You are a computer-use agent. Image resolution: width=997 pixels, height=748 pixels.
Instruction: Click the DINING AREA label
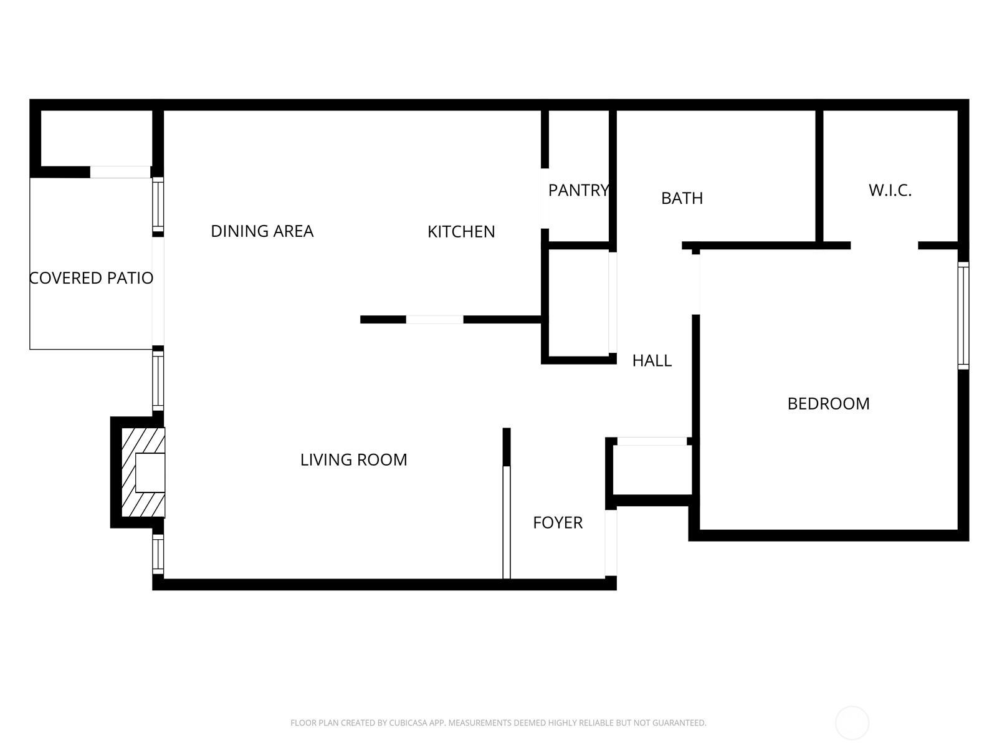(x=262, y=231)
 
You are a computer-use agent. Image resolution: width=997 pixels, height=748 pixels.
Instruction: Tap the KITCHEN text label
(x=461, y=232)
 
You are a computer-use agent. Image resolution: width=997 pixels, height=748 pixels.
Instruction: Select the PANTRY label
(x=578, y=190)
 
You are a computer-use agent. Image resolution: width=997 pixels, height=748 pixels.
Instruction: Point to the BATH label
(x=682, y=198)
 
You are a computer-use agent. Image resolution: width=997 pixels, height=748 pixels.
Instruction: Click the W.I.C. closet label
(x=890, y=191)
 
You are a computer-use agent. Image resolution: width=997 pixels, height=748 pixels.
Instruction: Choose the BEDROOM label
(x=828, y=404)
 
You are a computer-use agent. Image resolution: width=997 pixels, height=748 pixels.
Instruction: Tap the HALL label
(x=652, y=361)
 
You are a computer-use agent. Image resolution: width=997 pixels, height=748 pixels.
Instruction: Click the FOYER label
(x=558, y=523)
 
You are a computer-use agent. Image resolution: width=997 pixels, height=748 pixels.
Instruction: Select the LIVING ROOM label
(x=353, y=460)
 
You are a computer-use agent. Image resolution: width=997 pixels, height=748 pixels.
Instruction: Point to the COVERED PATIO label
(x=92, y=278)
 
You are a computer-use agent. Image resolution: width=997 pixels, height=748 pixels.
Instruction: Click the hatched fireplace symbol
(x=142, y=472)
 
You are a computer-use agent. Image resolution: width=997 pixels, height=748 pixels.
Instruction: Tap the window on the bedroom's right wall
(x=963, y=315)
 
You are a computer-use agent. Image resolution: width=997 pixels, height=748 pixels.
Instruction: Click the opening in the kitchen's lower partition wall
(x=434, y=320)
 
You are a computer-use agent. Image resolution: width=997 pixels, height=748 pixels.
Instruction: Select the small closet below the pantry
(x=578, y=304)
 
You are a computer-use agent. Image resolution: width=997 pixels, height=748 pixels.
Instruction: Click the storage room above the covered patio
(x=97, y=138)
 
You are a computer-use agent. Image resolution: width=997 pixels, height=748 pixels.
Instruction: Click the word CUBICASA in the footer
(x=408, y=723)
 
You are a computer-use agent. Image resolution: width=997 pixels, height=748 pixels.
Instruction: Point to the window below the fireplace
(x=158, y=554)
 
